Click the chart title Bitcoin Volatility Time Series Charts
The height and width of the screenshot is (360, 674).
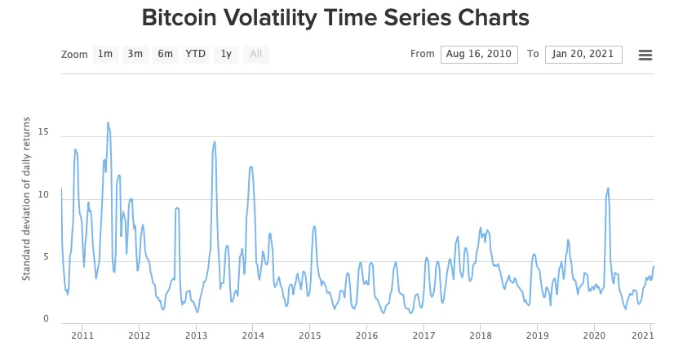click(x=335, y=18)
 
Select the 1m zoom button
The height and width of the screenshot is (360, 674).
click(x=105, y=55)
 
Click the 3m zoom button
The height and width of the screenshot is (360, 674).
click(x=135, y=55)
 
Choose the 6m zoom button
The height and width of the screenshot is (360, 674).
click(x=166, y=55)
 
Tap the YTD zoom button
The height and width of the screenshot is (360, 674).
click(x=196, y=55)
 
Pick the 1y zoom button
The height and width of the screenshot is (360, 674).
click(x=226, y=55)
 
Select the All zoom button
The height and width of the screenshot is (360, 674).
click(x=256, y=55)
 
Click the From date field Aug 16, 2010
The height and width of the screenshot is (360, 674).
click(x=479, y=55)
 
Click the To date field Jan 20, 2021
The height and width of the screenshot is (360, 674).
click(x=583, y=55)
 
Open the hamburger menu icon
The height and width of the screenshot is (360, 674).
click(x=645, y=55)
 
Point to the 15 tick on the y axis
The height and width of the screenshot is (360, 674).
click(x=46, y=132)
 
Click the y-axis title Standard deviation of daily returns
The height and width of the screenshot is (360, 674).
click(x=26, y=199)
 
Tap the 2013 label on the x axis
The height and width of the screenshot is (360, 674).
click(x=196, y=335)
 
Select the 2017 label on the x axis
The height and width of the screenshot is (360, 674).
click(x=423, y=335)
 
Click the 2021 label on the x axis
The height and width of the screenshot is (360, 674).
click(x=644, y=335)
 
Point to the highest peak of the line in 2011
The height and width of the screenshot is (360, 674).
click(x=108, y=123)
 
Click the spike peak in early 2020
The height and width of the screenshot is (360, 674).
click(x=608, y=188)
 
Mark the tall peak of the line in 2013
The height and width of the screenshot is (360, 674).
click(x=215, y=142)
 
